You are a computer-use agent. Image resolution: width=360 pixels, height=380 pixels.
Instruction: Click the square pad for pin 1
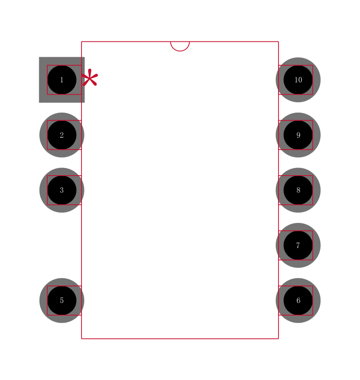62,80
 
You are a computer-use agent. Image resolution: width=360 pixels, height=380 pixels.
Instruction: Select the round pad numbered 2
62,135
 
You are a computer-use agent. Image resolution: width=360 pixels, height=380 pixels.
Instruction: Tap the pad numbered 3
62,190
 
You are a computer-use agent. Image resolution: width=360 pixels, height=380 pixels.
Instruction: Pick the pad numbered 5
62,300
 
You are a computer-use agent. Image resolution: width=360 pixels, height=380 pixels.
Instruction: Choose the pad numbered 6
298,300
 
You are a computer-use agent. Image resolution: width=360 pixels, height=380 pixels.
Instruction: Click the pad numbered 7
298,245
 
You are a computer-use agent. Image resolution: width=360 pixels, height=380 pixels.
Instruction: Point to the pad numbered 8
298,190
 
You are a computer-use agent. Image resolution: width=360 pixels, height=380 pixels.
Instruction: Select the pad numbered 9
298,135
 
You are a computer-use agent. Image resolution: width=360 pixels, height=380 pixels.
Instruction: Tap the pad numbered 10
298,80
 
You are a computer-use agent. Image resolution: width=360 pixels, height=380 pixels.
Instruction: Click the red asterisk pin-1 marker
90,77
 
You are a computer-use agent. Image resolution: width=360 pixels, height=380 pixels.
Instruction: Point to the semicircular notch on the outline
180,46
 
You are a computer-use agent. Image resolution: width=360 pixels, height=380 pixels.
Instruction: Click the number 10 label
298,80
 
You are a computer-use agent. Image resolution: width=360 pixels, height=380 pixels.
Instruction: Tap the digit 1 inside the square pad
62,80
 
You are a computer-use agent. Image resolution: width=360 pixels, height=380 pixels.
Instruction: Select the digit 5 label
62,300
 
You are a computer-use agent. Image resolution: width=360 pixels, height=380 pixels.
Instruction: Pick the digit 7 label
298,245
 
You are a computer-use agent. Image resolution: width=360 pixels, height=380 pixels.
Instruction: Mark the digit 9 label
298,135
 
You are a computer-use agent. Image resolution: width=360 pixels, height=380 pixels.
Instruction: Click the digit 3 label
62,190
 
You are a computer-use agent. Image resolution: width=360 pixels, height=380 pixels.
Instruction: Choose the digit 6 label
298,300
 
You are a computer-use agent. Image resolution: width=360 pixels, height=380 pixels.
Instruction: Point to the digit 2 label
62,135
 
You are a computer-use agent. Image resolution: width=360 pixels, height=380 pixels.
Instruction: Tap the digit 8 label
298,190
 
